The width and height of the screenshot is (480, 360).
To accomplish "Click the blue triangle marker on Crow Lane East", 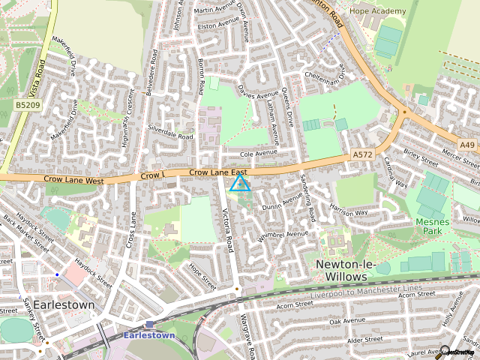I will tap(240, 183).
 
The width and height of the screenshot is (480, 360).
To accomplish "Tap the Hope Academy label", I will tap(379, 11).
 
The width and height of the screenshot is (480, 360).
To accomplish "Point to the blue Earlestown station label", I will tap(150, 335).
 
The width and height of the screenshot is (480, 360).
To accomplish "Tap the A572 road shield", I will tap(362, 154).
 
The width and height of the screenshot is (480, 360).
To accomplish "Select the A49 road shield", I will tap(468, 144).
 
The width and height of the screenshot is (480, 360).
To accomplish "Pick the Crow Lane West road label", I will tap(73, 181).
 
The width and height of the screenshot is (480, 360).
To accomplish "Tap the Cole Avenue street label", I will tap(258, 153).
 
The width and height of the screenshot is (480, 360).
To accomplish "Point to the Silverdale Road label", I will tap(171, 133).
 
